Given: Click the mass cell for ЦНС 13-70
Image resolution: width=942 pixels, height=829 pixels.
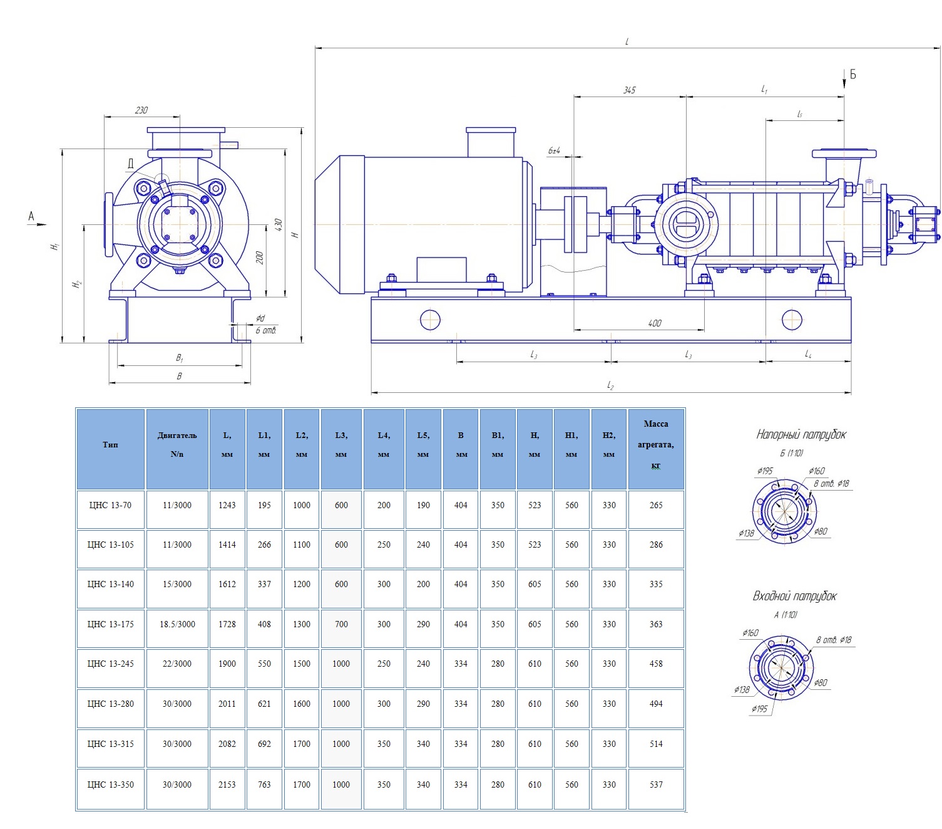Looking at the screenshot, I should point(655,505).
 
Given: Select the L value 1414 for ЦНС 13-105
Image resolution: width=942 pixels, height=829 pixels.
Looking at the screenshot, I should point(227,545).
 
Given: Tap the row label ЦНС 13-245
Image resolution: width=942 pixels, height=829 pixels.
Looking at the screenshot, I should point(111,664).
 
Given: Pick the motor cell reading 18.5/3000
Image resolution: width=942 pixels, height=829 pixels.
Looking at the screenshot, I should point(177,624).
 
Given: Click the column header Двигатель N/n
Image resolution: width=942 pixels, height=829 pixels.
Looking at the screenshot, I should point(177,444).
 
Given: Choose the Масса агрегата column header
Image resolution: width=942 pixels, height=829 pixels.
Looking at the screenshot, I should point(655,444).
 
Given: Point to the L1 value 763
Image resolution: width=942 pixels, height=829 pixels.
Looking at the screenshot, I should point(264,785).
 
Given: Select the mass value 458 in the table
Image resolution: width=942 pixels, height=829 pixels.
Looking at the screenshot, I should point(655,664).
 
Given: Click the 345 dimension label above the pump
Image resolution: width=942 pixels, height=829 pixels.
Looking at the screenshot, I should point(629,90).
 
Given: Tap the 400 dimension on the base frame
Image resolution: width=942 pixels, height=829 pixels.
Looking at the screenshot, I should point(655,323).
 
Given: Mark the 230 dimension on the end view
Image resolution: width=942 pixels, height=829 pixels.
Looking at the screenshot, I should point(141,110).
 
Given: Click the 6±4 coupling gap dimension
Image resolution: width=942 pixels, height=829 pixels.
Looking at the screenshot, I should point(555,151).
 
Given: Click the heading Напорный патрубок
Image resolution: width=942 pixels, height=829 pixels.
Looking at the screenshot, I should point(801,434).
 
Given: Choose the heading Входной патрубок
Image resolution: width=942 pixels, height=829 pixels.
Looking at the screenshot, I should point(794,596).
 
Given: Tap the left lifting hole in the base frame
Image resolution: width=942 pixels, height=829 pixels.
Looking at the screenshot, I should point(431,320).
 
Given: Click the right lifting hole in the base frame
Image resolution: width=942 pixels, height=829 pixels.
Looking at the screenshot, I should point(792,320).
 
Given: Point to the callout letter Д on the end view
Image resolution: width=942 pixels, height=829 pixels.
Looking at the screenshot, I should point(130,164).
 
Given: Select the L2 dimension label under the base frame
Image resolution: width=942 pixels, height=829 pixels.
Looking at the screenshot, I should point(610,385).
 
